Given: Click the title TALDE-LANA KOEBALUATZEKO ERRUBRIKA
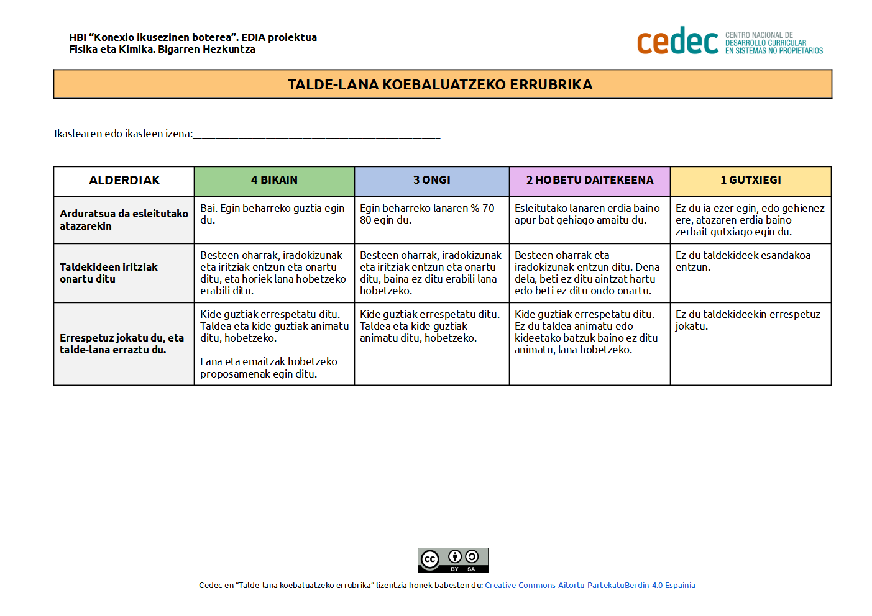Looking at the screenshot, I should tap(440, 84).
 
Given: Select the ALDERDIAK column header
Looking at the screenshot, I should tap(124, 181).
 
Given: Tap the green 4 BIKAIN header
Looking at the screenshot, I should tap(274, 181).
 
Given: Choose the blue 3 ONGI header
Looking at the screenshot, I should tap(432, 181).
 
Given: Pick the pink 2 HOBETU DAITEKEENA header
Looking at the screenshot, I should tap(589, 181).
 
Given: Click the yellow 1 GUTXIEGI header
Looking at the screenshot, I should tap(750, 181).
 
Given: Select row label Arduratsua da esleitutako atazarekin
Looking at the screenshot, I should tap(124, 220).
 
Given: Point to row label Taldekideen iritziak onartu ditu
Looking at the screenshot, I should tap(109, 273).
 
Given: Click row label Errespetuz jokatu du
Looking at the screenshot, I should tap(122, 343).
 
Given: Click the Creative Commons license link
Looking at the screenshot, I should tap(590, 586).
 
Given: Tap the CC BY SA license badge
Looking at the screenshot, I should tap(452, 559).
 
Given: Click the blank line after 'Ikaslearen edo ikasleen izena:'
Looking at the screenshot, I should tap(316, 135).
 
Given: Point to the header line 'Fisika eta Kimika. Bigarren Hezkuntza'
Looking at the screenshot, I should tap(162, 50).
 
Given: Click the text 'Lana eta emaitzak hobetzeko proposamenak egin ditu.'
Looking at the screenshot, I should tap(268, 368).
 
